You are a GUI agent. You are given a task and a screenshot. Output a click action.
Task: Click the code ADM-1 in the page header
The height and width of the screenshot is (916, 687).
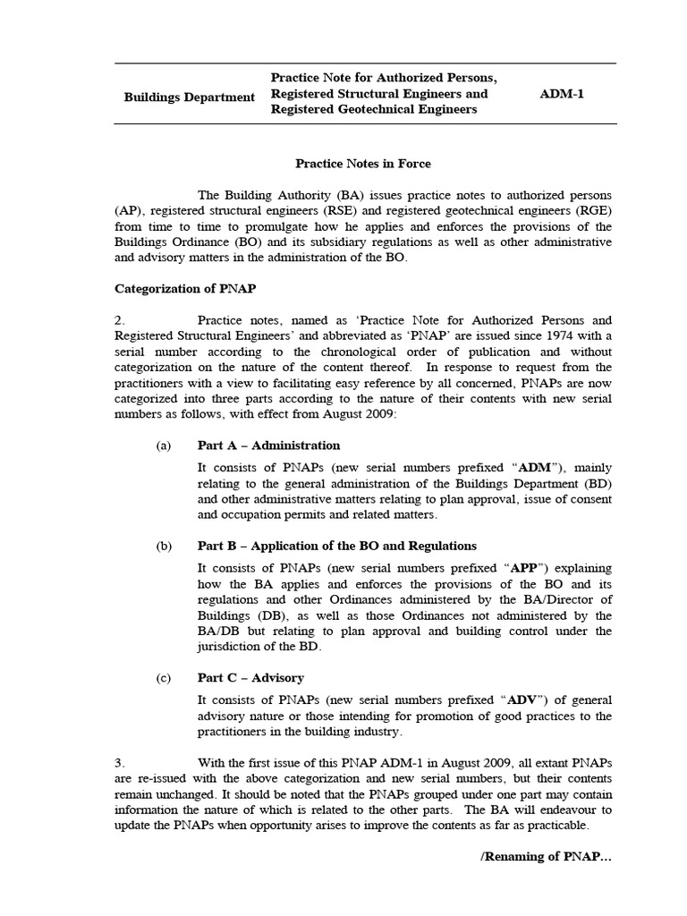562,94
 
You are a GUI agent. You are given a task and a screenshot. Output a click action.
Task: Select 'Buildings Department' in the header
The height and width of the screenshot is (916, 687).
189,97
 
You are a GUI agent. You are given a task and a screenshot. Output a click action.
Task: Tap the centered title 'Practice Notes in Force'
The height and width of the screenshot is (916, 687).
363,164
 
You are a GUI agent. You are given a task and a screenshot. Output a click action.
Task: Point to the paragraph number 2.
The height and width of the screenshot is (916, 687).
120,320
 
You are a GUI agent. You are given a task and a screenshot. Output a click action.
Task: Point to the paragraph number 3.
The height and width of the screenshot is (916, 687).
120,763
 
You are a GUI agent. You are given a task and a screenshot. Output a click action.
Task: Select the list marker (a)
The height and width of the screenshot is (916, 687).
163,445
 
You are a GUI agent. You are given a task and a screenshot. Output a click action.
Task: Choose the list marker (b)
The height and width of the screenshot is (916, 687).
163,546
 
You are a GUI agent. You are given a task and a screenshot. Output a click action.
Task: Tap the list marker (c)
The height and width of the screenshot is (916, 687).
163,678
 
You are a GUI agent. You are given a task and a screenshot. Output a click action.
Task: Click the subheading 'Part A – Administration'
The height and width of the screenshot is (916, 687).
268,445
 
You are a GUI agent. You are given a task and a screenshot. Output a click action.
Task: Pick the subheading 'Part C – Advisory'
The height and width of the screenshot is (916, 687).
250,678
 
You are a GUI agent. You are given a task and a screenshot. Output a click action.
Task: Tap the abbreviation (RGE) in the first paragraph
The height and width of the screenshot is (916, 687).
593,211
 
